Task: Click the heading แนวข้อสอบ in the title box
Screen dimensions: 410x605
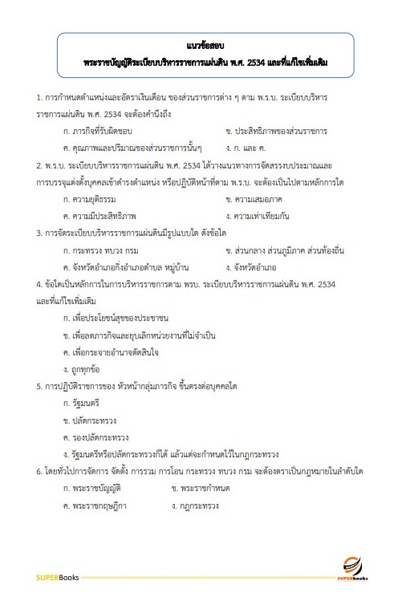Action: tap(204, 46)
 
